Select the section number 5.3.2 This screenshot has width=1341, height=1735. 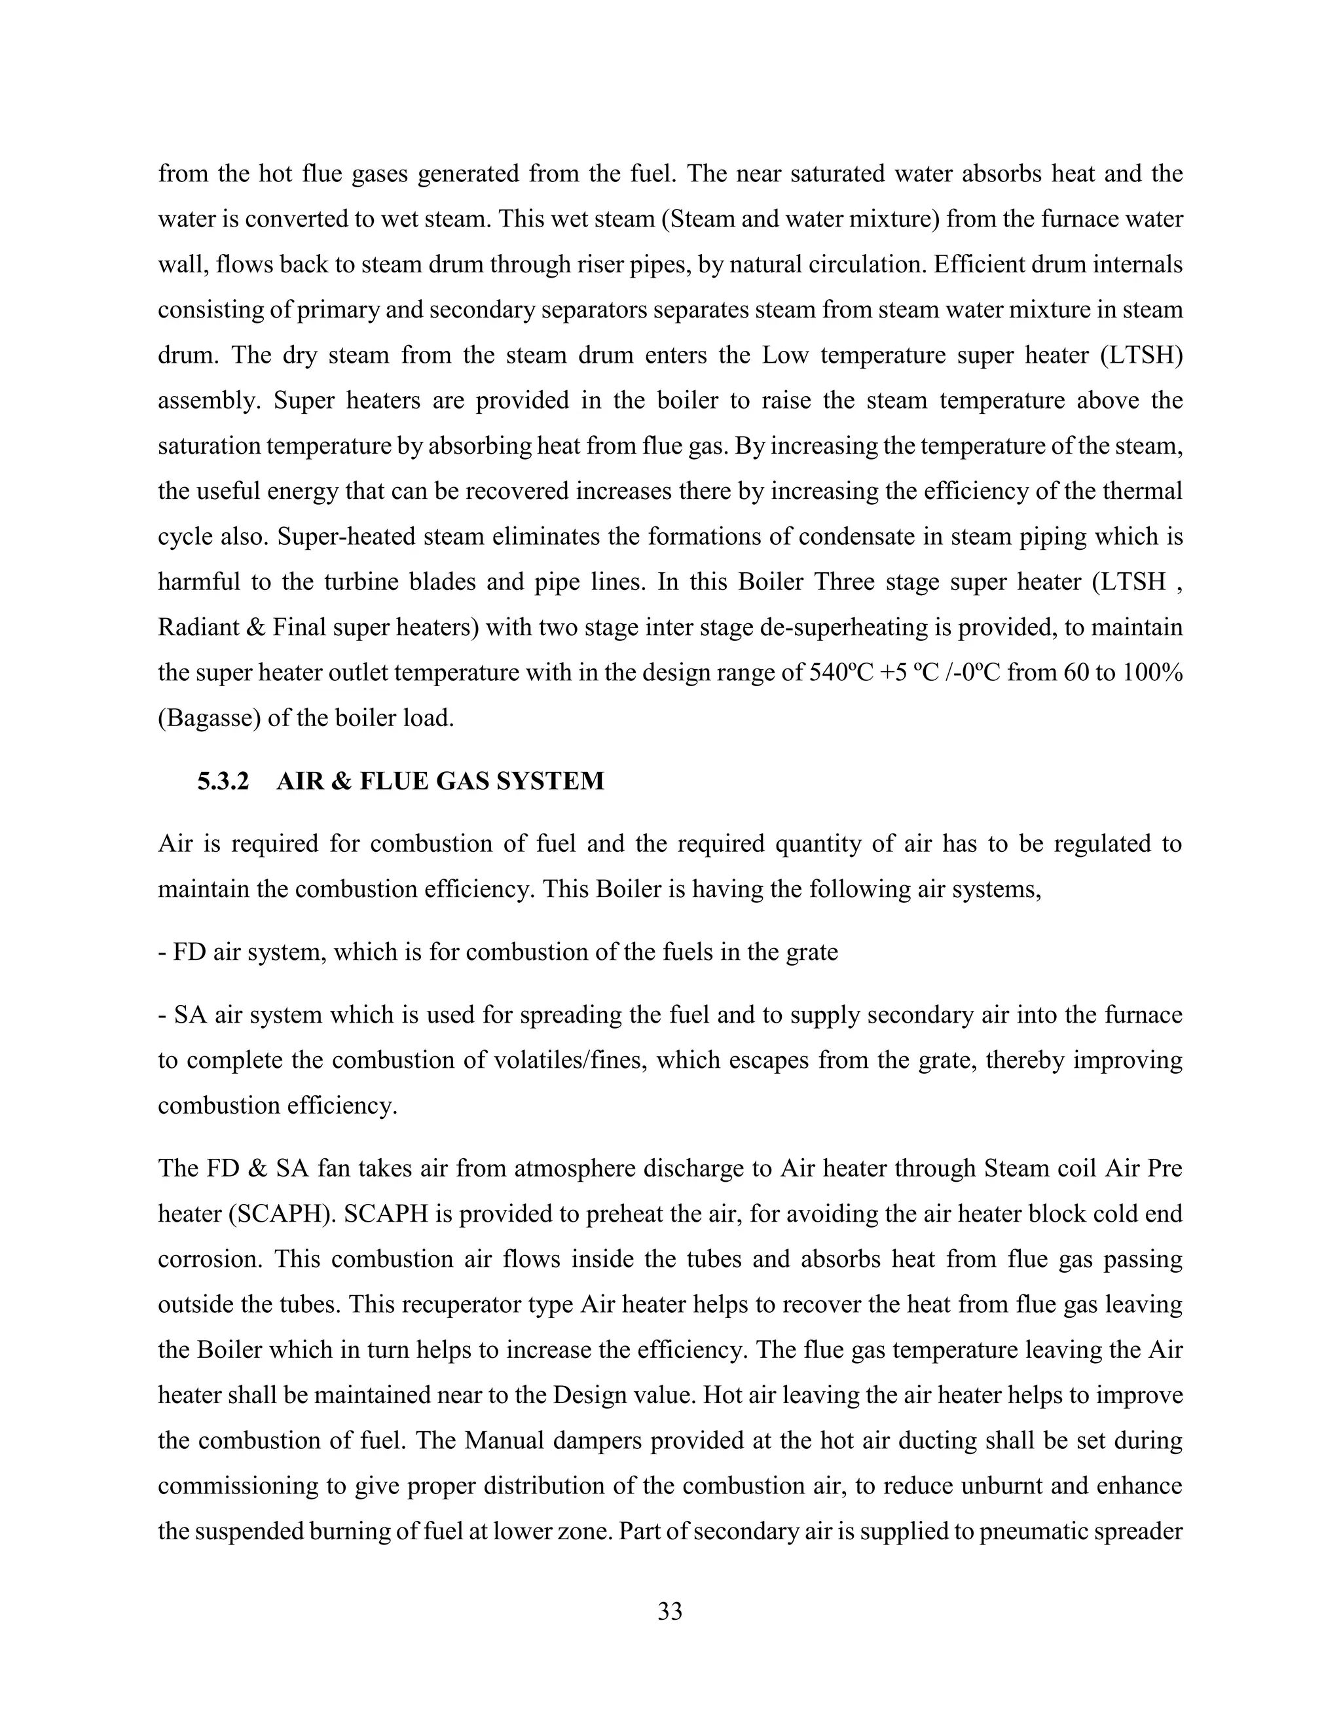click(x=223, y=781)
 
